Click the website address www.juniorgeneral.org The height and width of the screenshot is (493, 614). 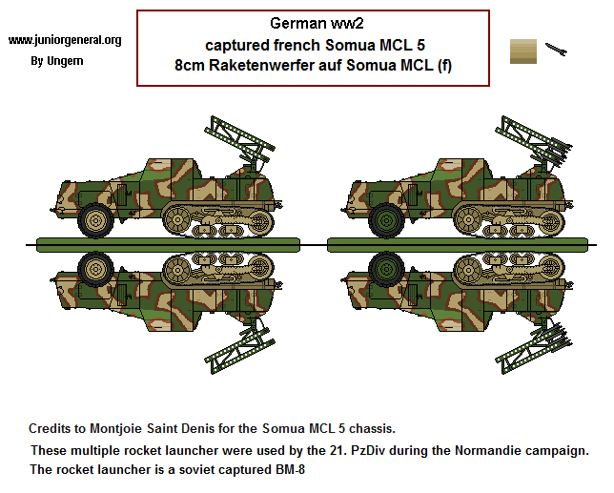(65, 40)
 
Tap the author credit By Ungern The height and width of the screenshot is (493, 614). (57, 61)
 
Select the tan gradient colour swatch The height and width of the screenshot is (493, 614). (523, 51)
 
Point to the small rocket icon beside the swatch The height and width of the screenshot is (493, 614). (557, 47)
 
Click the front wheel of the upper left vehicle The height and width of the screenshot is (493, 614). (95, 220)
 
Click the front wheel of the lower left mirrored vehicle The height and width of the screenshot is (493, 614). (95, 268)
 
